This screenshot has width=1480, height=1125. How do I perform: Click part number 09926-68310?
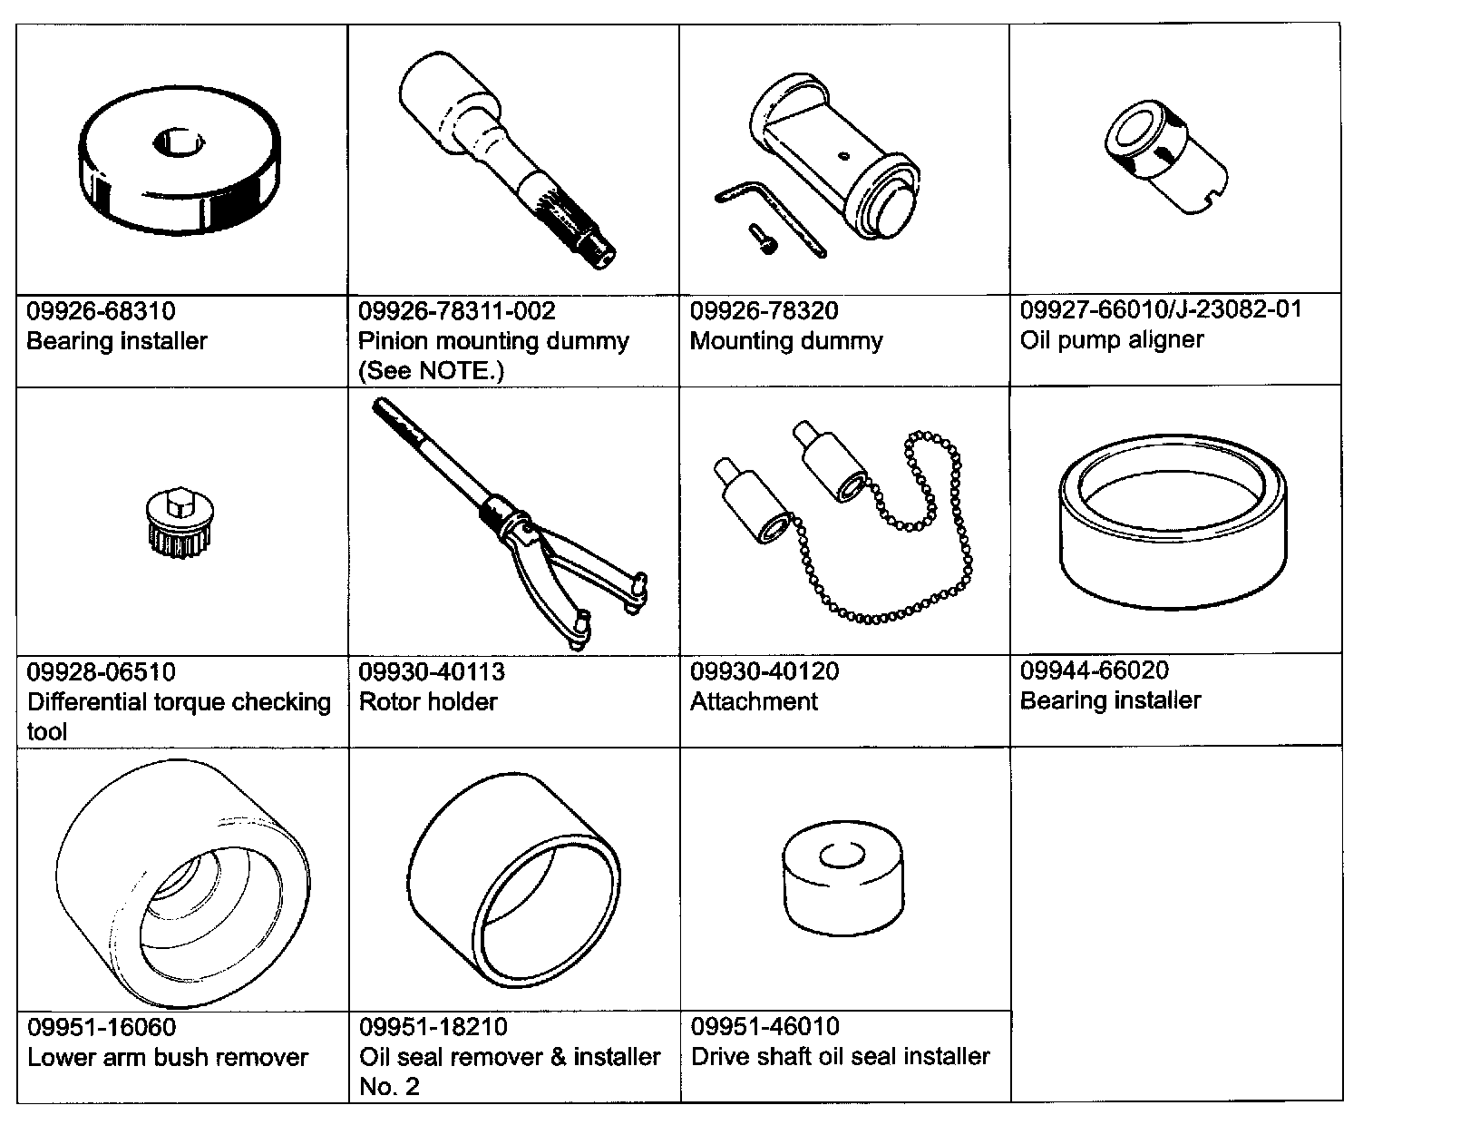click(x=101, y=311)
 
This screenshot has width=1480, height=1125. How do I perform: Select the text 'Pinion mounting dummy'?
click(x=493, y=341)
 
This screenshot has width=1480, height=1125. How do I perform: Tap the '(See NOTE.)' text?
click(x=431, y=370)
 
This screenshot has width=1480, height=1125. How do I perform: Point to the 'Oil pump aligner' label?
click(x=1112, y=339)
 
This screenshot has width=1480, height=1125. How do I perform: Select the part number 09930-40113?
click(x=432, y=671)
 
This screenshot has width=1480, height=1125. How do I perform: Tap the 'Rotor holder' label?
click(x=428, y=701)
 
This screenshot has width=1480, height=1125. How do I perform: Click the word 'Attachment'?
click(x=754, y=701)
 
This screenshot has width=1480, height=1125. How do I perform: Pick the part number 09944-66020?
click(x=1094, y=670)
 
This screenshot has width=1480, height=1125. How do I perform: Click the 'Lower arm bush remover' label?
click(x=168, y=1057)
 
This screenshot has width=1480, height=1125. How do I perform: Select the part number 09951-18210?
click(x=433, y=1027)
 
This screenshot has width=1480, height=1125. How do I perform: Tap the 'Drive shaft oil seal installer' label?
click(x=840, y=1056)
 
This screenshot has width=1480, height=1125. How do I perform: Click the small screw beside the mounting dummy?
click(x=762, y=240)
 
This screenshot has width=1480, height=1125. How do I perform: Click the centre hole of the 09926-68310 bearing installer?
click(x=180, y=142)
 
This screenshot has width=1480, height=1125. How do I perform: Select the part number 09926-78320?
click(x=764, y=311)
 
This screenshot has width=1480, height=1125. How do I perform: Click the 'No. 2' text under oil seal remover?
click(x=389, y=1087)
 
